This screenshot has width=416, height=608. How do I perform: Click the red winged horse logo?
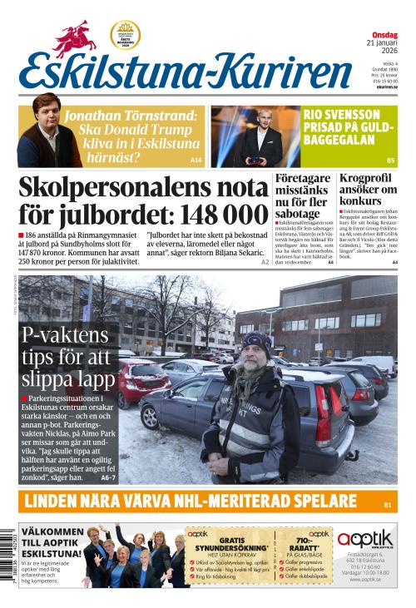(76, 37)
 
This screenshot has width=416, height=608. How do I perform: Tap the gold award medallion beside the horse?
(125, 35)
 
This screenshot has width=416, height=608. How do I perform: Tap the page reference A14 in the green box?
(196, 160)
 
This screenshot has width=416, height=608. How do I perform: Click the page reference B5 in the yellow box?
(389, 160)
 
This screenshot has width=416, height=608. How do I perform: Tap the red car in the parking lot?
(142, 378)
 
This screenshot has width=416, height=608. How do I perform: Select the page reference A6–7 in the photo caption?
(108, 478)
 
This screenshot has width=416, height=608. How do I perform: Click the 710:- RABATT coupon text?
(319, 546)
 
